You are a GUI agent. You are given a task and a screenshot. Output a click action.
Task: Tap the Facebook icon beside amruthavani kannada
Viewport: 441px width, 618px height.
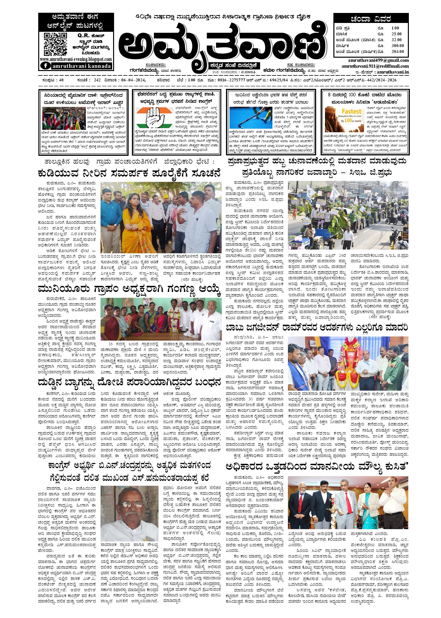tap(45, 66)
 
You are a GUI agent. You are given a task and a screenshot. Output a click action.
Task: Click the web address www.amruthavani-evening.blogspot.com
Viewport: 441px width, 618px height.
tap(75, 59)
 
